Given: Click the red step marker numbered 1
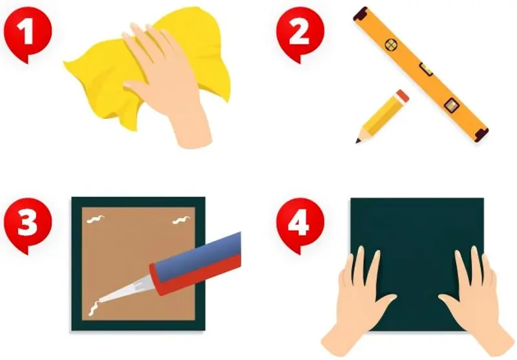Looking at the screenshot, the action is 28,33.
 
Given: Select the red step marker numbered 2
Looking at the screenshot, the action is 300,33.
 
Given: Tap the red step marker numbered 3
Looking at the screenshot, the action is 28,224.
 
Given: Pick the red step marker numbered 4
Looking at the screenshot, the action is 300,224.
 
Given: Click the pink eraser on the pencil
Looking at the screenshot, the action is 402,96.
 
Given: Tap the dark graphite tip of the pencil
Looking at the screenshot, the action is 358,141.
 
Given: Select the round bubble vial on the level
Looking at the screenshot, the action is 391,45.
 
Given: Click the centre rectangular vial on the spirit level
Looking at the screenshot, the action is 426,70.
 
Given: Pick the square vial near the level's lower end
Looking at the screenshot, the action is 451,105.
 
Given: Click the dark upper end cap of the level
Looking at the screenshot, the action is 361,14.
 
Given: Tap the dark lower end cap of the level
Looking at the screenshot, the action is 481,134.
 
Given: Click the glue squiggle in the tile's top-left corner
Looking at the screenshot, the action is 96,219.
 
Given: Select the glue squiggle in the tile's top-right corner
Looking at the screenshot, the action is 182,220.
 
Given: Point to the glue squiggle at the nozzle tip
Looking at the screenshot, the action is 94,308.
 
